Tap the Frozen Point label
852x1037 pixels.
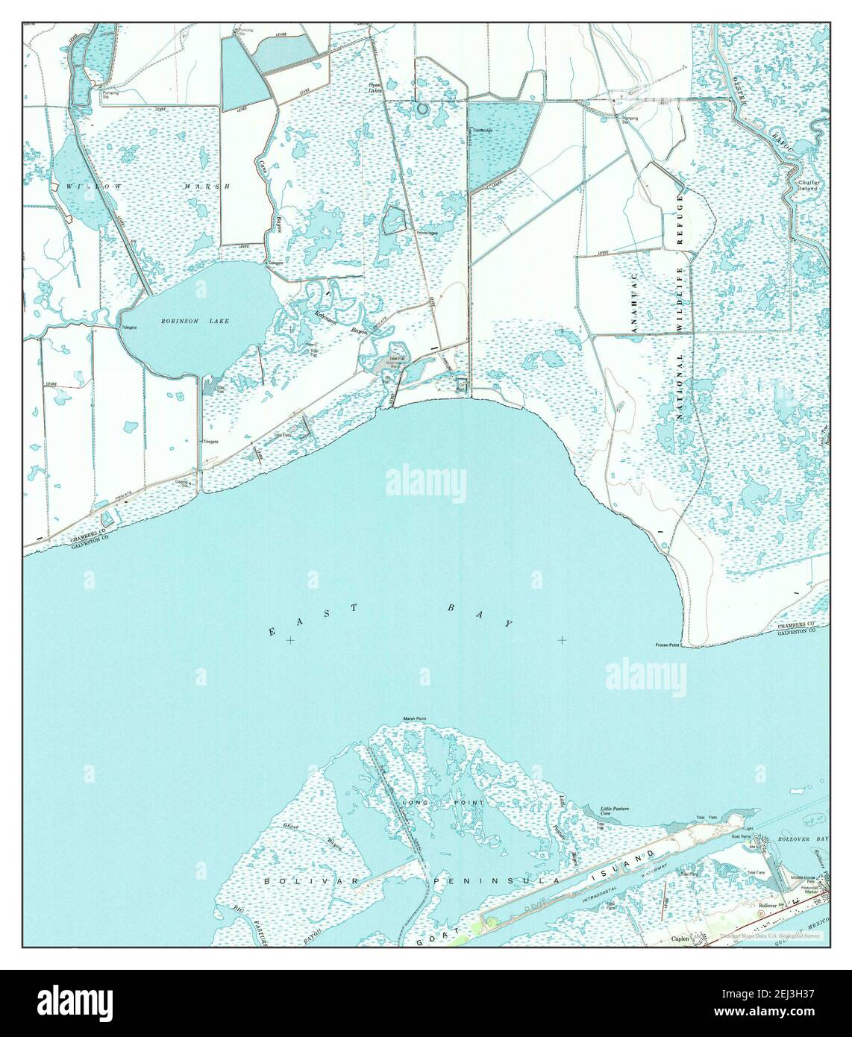(668, 645)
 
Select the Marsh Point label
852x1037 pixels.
(414, 719)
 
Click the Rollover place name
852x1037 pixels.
(767, 905)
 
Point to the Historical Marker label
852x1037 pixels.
(810, 890)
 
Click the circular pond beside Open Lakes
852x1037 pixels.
(423, 109)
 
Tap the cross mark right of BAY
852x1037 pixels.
(561, 639)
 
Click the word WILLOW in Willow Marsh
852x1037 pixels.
(87, 185)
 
